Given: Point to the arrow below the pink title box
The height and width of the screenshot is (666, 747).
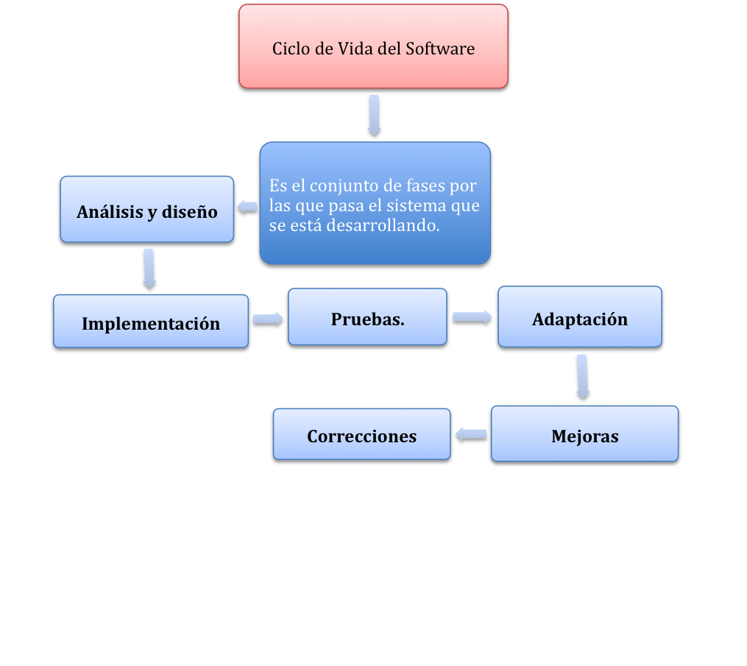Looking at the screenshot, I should tap(375, 116).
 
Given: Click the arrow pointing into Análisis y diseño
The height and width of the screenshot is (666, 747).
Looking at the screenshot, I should tap(247, 209).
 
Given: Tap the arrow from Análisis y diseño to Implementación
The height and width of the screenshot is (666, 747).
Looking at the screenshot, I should tap(149, 270).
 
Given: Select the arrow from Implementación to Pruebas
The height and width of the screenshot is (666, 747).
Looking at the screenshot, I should tap(269, 320).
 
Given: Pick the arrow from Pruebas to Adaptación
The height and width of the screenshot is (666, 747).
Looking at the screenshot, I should tap(472, 318).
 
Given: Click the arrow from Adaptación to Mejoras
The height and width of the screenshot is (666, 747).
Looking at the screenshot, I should tap(583, 378).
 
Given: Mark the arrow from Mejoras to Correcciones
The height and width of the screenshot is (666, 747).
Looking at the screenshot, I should tap(471, 436).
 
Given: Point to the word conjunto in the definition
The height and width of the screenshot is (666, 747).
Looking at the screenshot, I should tap(345, 185).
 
